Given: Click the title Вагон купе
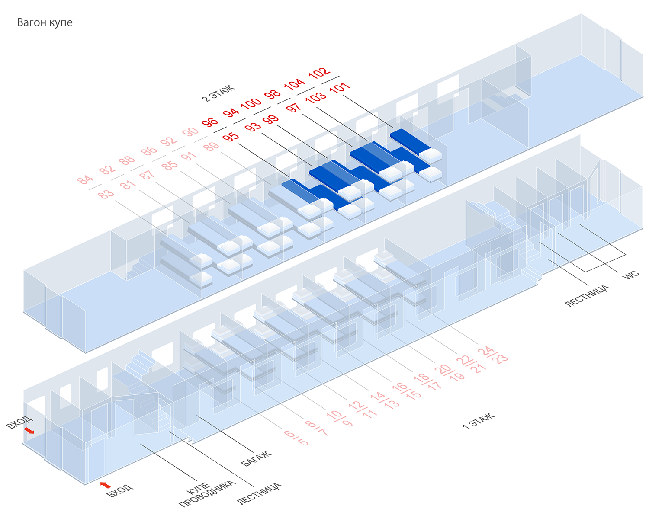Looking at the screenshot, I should pos(45,22).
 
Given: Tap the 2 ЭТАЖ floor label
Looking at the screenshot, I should pos(218,93).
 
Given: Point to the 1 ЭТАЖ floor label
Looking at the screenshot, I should pos(479,421).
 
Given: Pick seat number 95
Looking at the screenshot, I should pos(231,137).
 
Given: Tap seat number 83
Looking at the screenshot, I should pos(106,194).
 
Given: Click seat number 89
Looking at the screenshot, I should pos(211,147).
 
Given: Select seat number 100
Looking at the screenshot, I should pos(251,103).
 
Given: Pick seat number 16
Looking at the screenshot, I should pos(400,387).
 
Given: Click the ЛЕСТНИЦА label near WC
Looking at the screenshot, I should pos(588,296).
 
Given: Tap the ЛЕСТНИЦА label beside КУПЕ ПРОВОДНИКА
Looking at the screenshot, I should pos(260,494).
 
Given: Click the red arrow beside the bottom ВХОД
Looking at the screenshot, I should pos(105,485).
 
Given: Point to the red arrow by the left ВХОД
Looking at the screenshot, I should pos(29,430).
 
